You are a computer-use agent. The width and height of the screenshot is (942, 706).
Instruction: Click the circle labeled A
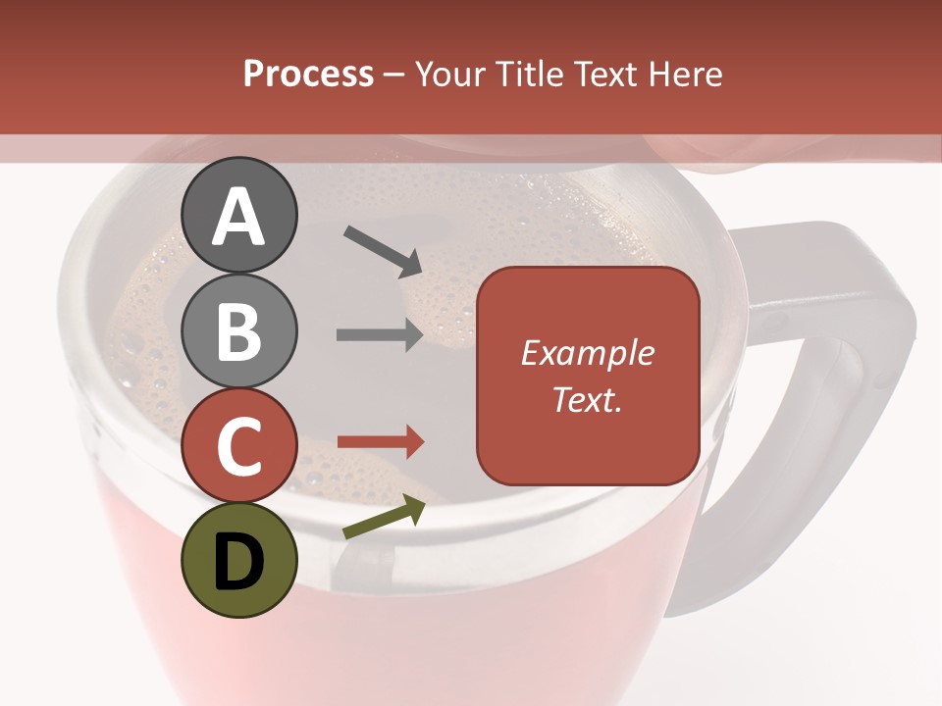(x=239, y=215)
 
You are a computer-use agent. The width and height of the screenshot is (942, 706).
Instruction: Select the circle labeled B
(x=239, y=330)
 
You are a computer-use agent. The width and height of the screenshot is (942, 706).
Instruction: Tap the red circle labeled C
(x=239, y=445)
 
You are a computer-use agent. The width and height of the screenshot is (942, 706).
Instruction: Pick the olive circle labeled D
(x=239, y=560)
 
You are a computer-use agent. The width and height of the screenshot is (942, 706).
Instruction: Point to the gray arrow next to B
(x=380, y=335)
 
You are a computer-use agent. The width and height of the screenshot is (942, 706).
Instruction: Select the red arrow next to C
(x=380, y=441)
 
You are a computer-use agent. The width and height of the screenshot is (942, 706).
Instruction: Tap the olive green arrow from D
(x=384, y=517)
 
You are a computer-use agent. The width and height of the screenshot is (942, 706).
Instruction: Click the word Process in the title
(x=308, y=75)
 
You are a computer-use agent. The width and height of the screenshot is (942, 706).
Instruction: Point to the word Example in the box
(x=588, y=353)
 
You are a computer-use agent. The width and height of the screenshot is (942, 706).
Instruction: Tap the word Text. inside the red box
(x=588, y=399)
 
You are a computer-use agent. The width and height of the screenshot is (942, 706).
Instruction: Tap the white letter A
(x=239, y=217)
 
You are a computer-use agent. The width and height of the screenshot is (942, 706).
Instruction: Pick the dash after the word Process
(x=394, y=76)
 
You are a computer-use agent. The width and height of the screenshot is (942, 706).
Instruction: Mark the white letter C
(x=239, y=446)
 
